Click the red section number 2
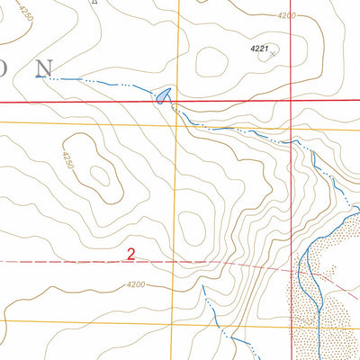(130, 255)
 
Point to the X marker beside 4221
(274, 54)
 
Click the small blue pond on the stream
(162, 94)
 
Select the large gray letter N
(43, 68)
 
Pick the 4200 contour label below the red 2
(135, 285)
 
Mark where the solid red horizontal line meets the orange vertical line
(177, 102)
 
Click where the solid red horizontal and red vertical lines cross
(292, 102)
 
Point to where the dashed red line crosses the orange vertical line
(177, 262)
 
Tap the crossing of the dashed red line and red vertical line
(292, 269)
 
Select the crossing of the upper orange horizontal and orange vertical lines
(177, 125)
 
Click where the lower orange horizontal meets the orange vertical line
(177, 323)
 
